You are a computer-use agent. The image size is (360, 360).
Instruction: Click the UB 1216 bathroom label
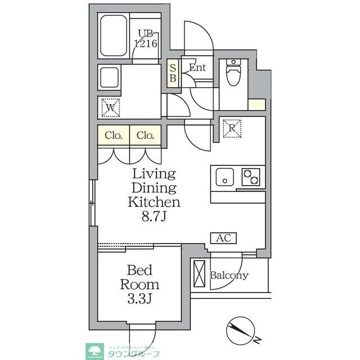(x=145, y=38)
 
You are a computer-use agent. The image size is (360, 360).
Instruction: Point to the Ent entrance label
(x=197, y=68)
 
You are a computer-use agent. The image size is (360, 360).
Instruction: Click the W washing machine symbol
(x=109, y=106)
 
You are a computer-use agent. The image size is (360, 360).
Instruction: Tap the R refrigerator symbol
(x=231, y=128)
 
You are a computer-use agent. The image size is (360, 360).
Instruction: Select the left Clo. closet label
(x=114, y=136)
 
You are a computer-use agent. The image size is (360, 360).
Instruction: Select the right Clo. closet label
(x=146, y=136)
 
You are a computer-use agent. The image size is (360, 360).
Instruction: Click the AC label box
(x=224, y=238)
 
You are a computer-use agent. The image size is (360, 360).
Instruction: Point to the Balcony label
(x=229, y=276)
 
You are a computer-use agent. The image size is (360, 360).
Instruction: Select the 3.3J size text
(x=139, y=299)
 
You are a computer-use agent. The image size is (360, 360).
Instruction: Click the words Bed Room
(x=139, y=277)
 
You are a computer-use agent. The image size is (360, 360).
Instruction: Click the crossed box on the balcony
(x=199, y=274)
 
